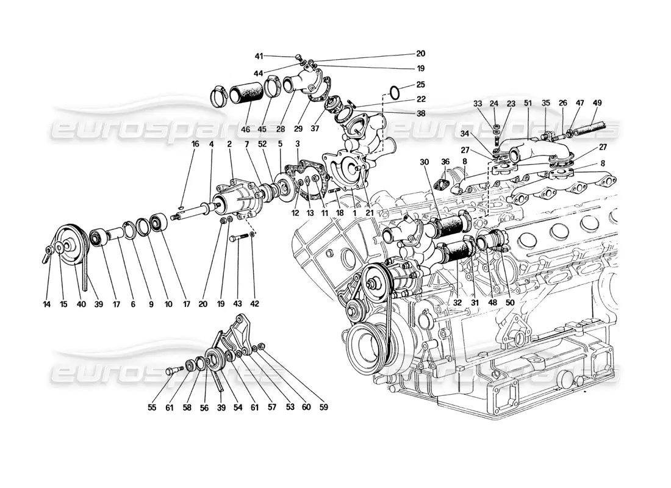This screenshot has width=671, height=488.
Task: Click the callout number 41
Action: pos(259,56)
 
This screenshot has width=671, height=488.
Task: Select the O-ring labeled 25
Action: pos(395,93)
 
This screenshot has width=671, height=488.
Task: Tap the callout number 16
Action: pos(178,144)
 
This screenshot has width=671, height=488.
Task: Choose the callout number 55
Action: pos(152,407)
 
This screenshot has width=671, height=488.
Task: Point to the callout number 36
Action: pos(445,162)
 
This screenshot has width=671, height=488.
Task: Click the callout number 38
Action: pos(421,113)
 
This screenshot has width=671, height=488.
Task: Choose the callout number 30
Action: pos(425,162)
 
